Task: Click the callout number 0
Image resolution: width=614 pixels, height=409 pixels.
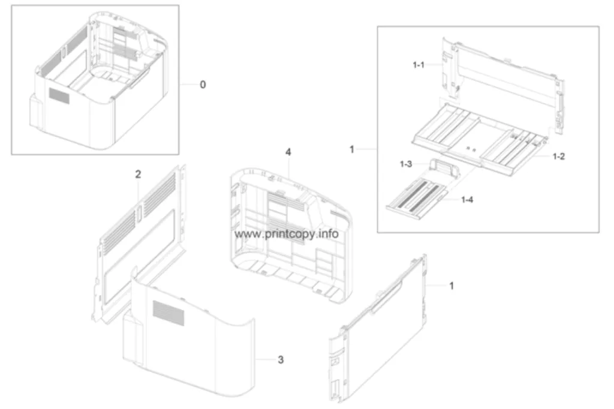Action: (x=203, y=85)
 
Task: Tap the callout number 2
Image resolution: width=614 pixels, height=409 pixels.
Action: (x=138, y=175)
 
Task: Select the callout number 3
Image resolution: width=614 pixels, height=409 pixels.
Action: (x=281, y=360)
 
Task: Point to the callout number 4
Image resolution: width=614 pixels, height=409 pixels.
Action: (x=288, y=152)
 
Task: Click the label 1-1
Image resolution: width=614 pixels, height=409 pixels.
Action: (x=419, y=65)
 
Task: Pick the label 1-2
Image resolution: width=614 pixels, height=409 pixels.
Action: (x=559, y=157)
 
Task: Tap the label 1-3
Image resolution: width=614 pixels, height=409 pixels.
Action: (x=406, y=164)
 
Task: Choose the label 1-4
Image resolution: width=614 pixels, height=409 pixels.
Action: (x=467, y=200)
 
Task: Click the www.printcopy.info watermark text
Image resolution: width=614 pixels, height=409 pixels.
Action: (x=287, y=234)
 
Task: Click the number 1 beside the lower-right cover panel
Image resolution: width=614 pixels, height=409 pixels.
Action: (x=452, y=285)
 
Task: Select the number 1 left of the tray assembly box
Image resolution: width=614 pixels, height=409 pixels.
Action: (x=351, y=149)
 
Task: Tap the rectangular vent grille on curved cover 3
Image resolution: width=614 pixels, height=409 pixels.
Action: (x=168, y=313)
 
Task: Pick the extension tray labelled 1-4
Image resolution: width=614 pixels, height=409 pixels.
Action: (x=417, y=200)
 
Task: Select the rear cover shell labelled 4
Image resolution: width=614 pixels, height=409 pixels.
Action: (x=291, y=235)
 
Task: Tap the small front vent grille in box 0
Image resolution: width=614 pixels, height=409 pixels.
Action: (x=59, y=95)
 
